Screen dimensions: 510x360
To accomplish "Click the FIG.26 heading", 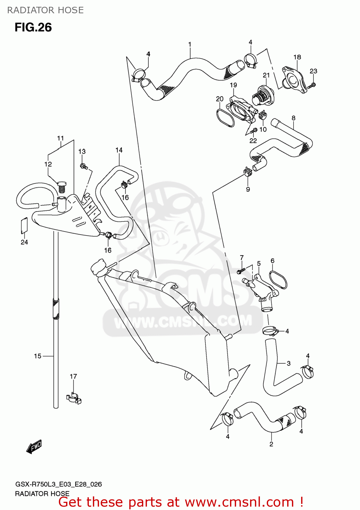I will (33, 27).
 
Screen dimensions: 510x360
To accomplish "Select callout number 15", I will (37, 356).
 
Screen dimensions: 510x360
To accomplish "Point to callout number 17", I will (73, 376).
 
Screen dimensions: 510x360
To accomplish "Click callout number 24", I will (24, 242).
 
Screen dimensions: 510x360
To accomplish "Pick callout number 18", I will (297, 57).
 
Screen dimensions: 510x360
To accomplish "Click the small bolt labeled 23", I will (312, 86).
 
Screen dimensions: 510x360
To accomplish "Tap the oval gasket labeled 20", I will (225, 117).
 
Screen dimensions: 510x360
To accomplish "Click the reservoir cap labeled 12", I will (62, 187).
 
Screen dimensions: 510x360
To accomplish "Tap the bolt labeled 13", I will (83, 166).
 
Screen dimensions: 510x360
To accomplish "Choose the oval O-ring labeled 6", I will (278, 279).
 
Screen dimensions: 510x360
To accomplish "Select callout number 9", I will (248, 189).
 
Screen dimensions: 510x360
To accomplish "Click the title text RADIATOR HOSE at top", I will (45, 10).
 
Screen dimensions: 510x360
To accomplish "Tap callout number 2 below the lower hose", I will (271, 444).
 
